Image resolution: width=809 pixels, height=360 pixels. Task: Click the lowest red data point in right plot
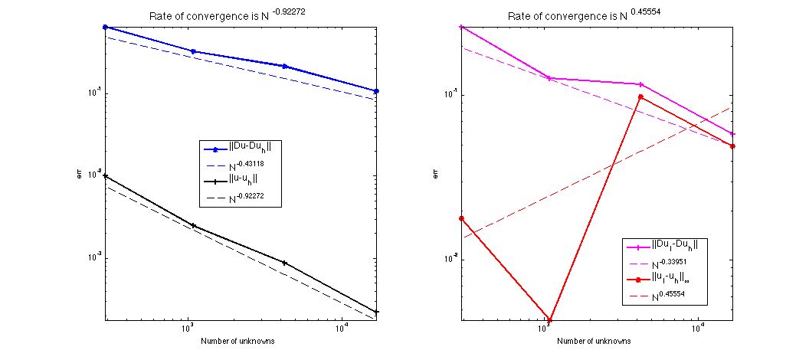550,320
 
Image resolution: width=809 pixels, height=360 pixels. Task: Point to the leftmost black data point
105,176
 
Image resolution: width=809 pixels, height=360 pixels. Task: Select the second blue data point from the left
193,51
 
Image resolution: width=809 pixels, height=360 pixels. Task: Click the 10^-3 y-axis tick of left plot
93,257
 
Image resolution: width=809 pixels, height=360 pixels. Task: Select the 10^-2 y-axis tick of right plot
449,258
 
